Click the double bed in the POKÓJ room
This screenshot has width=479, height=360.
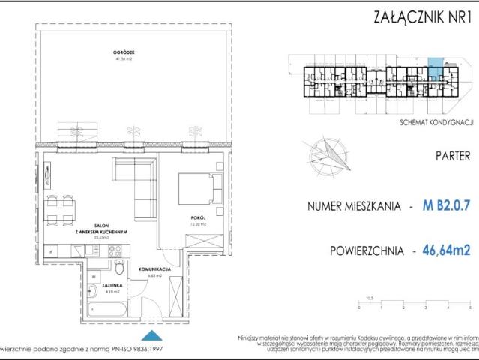point(198,191)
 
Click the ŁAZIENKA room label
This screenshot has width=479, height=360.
point(93,276)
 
